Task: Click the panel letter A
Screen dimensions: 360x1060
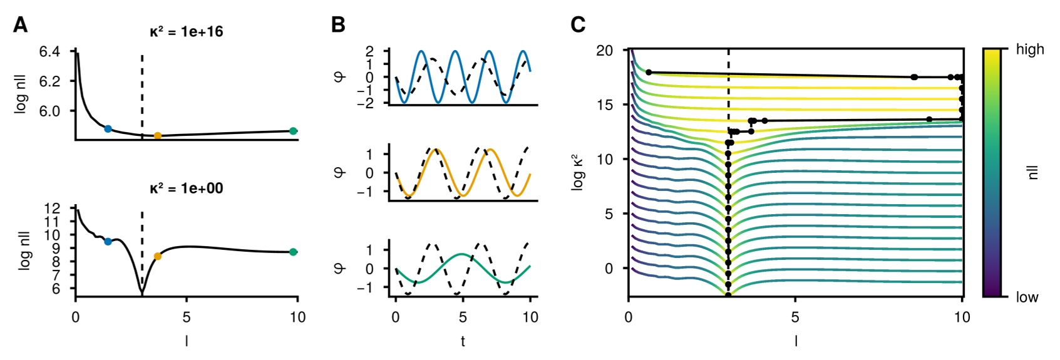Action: point(20,25)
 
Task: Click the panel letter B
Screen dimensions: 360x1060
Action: point(338,25)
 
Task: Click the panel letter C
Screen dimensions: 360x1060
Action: point(578,25)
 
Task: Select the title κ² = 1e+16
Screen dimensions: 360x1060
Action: point(186,32)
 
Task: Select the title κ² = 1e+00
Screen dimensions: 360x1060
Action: point(186,188)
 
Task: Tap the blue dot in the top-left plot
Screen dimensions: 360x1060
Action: point(108,129)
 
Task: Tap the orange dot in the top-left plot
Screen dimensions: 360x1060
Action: point(158,136)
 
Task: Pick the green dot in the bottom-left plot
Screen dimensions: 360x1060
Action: point(293,252)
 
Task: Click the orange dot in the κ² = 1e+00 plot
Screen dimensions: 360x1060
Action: point(158,256)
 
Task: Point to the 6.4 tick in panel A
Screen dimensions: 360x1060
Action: point(49,51)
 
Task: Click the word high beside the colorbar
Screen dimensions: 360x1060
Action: point(1030,49)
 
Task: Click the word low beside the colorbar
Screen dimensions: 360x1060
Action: point(1027,297)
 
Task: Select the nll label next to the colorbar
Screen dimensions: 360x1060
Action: point(1033,173)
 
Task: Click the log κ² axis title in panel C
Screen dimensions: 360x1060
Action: point(578,173)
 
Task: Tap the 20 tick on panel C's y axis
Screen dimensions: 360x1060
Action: point(604,50)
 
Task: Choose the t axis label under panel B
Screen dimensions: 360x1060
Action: point(463,341)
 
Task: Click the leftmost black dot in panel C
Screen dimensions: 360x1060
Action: point(649,73)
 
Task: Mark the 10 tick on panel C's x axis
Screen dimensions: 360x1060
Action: point(962,317)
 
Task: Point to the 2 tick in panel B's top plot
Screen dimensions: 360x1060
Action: point(369,51)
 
